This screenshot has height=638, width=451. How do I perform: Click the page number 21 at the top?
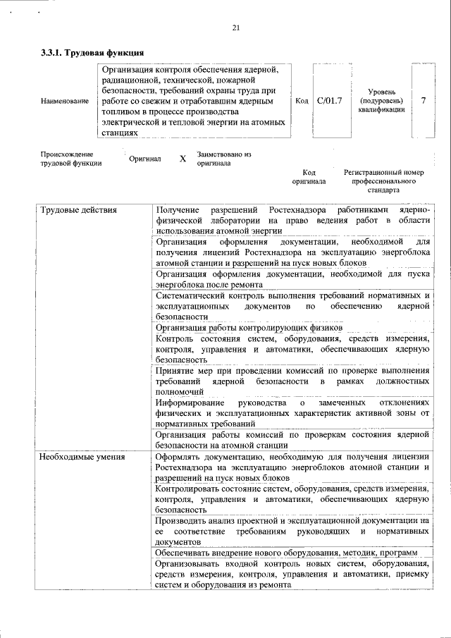236,27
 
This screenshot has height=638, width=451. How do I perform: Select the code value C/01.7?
329,101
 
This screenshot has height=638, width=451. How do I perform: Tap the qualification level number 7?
423,101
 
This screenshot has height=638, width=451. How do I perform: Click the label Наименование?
65,102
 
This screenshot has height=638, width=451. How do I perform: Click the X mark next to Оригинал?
183,159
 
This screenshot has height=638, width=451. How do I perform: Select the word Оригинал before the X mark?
144,159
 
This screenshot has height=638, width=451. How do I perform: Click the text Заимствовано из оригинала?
224,158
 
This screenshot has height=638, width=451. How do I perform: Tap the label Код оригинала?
309,176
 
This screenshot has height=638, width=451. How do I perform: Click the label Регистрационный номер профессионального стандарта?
383,181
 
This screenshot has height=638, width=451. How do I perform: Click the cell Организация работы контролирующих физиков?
249,328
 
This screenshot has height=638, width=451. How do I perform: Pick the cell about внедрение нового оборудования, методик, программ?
286,552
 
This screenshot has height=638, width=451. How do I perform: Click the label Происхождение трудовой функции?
70,159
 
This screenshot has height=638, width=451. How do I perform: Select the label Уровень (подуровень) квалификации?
381,101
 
